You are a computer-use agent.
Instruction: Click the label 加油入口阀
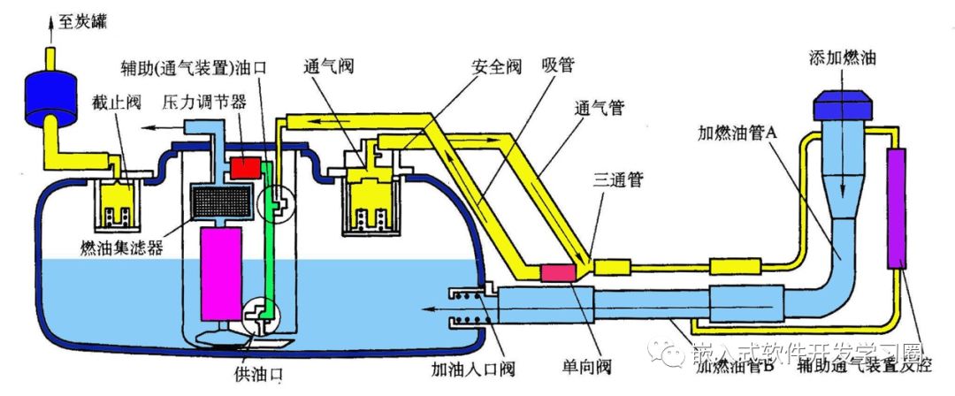pyautogui.click(x=482, y=368)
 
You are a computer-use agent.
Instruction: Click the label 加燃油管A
pyautogui.click(x=737, y=133)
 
